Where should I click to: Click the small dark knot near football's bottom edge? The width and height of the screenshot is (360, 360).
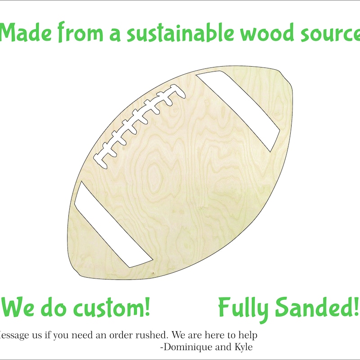(153, 273)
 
